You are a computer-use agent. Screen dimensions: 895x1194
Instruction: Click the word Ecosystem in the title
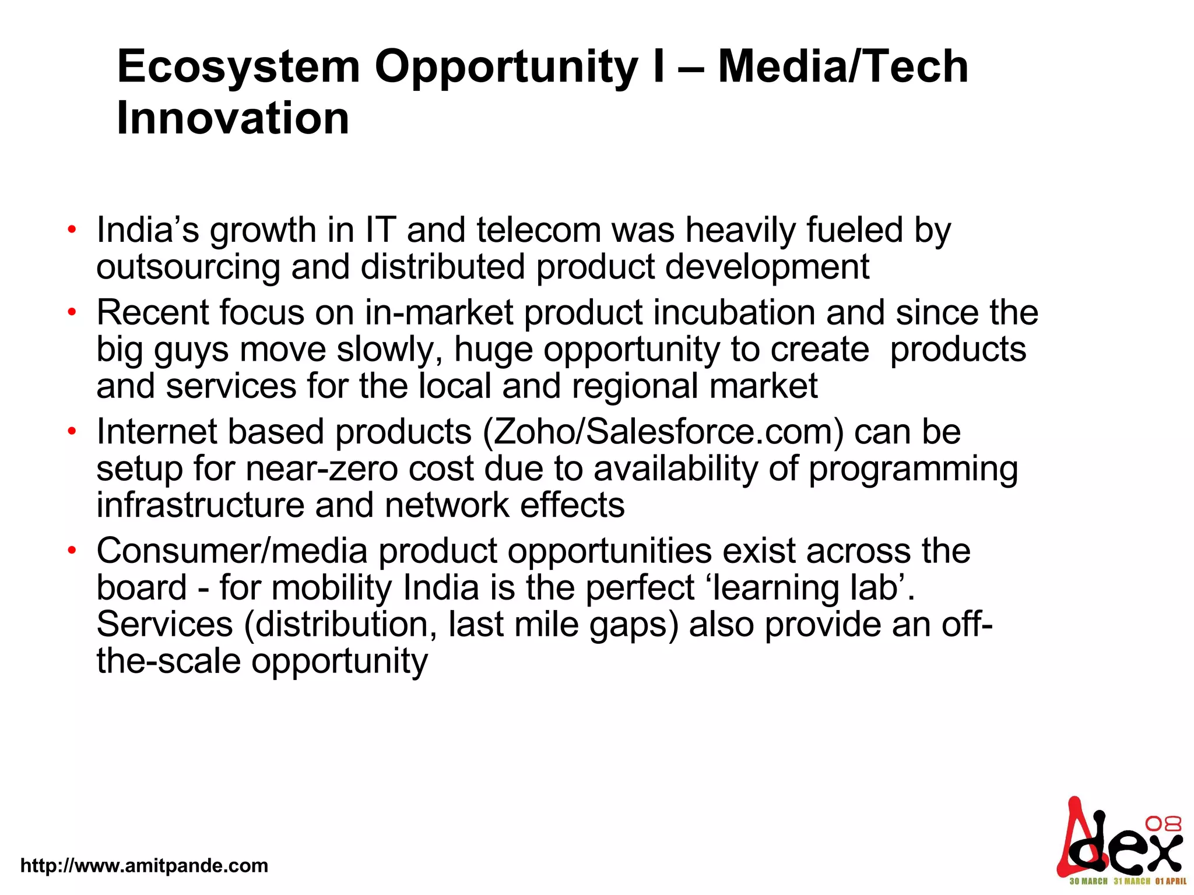coord(238,67)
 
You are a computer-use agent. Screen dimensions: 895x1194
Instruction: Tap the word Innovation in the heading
coord(233,118)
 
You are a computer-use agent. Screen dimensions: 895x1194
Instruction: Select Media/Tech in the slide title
coord(842,67)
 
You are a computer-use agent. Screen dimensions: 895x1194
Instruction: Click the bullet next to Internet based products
coord(72,432)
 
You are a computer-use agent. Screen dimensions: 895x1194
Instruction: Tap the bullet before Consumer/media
coord(72,551)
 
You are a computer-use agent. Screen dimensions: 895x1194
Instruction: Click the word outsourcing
coord(188,267)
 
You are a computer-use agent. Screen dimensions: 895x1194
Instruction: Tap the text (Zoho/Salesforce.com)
coord(663,432)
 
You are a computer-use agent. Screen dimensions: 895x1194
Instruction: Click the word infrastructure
coord(200,505)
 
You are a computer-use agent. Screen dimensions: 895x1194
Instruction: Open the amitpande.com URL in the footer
coord(144,865)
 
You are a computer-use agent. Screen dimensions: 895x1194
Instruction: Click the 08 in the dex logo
coord(1163,824)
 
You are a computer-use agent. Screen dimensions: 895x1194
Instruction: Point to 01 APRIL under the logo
coord(1170,881)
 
